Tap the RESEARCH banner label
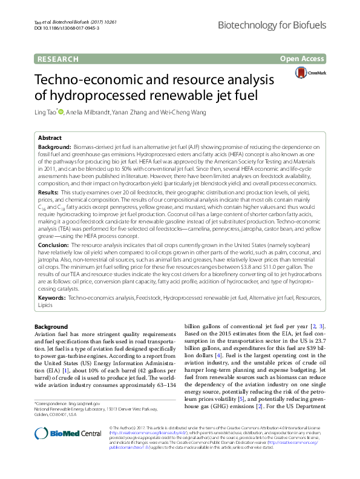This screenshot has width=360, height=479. tap(57, 59)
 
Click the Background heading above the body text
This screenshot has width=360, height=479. tap(51, 327)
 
